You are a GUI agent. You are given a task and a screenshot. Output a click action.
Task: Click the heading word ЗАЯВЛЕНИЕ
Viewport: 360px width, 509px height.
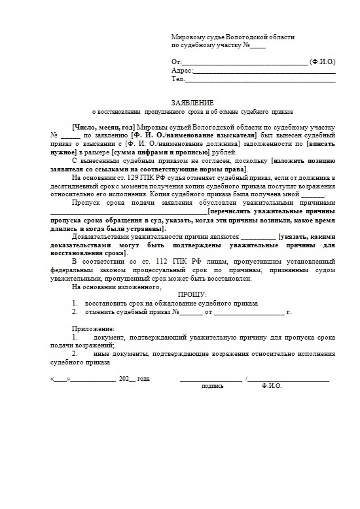point(192,103)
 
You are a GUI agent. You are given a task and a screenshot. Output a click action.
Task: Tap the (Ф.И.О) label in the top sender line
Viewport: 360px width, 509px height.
point(323,61)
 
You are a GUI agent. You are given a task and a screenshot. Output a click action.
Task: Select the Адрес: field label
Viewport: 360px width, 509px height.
point(181,70)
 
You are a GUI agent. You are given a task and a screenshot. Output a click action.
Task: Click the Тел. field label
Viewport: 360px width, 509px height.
point(177,79)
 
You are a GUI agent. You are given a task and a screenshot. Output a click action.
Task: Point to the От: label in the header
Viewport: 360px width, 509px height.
point(175,61)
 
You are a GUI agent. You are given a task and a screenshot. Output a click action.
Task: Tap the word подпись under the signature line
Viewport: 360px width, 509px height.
point(212,386)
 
